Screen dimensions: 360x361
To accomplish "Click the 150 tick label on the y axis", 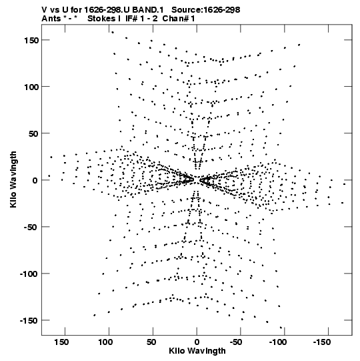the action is tap(31, 40).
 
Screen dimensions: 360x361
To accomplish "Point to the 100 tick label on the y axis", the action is tap(31, 87).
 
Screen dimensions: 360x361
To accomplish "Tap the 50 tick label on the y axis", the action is tap(33, 133).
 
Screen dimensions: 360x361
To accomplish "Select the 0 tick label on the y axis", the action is tap(35, 180).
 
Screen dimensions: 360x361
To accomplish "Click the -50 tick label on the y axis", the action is tap(31, 228).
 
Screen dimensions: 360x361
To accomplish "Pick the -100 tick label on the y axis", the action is tap(29, 274).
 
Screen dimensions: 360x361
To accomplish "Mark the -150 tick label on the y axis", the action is tap(29, 321).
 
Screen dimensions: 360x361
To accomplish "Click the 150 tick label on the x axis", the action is tap(61, 342).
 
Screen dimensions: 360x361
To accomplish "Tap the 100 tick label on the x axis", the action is tap(105, 342).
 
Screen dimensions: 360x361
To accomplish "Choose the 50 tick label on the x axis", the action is tap(151, 342).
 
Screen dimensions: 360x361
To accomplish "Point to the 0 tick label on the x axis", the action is tap(197, 342).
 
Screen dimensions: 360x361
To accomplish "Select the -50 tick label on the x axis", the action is tap(236, 342).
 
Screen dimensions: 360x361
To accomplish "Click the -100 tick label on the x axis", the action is tap(278, 342).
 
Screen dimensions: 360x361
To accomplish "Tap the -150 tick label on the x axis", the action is tap(322, 342).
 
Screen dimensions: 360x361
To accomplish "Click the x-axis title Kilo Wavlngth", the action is tap(197, 351).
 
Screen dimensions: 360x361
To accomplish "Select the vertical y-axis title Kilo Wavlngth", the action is tap(13, 179).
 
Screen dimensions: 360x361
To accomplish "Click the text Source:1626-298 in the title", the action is tap(206, 10).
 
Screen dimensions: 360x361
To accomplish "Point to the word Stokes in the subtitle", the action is tap(101, 19).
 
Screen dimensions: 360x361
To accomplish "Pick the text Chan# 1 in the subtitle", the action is tap(179, 19).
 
